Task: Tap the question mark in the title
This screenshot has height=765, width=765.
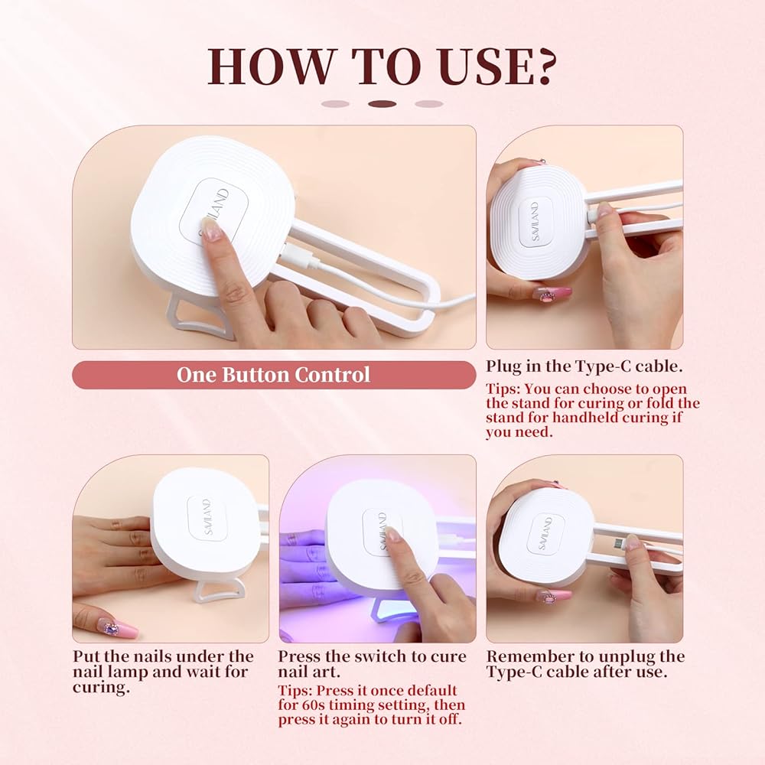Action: coord(541,67)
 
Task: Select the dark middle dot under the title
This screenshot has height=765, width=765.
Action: coord(382,104)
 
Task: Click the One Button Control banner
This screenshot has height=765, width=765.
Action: coord(274,375)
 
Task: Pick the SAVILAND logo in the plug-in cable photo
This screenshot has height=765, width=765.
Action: coord(535,221)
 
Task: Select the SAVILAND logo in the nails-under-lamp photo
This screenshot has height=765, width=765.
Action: coord(207,517)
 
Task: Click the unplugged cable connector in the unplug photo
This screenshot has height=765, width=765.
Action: coord(616,543)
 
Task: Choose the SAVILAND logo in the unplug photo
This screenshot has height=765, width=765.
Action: coord(545,533)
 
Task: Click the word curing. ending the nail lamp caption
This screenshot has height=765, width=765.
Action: coord(102,688)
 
